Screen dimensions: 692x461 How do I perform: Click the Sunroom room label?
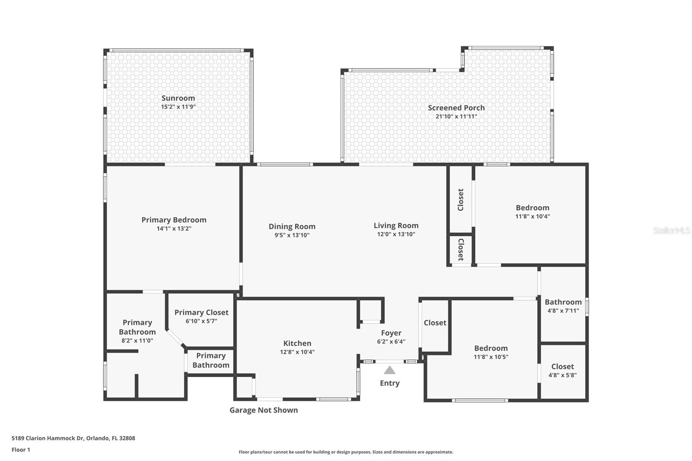(x=178, y=98)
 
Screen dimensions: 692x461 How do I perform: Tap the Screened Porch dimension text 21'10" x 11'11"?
(x=456, y=116)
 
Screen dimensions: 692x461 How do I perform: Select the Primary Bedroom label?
(x=174, y=220)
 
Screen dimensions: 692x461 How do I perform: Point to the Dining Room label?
(x=292, y=227)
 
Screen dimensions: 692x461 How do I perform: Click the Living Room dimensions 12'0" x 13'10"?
(x=396, y=234)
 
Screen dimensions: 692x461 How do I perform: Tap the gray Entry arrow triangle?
(x=390, y=370)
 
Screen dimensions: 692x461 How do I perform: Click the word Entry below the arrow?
(x=390, y=383)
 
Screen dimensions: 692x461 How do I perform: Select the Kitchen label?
(x=297, y=343)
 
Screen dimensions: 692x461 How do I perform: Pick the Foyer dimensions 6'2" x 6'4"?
(x=391, y=341)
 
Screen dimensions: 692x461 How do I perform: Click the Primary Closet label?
(x=202, y=312)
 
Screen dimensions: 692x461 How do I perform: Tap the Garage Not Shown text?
(x=263, y=410)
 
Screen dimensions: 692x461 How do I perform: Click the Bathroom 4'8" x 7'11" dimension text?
(x=563, y=311)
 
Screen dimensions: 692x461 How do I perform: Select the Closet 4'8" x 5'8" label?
(x=563, y=371)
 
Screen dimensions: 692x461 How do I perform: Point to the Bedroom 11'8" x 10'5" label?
(x=491, y=352)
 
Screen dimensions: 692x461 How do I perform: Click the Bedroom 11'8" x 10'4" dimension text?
(x=532, y=216)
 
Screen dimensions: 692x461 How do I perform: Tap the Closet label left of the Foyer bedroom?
(x=435, y=323)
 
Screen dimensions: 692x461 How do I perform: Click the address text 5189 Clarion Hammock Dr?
(x=48, y=438)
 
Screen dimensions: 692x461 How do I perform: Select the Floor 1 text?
(x=21, y=450)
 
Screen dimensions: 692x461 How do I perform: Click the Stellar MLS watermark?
(x=672, y=230)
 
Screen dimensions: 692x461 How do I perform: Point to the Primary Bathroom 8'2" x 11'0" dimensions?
(x=137, y=340)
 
